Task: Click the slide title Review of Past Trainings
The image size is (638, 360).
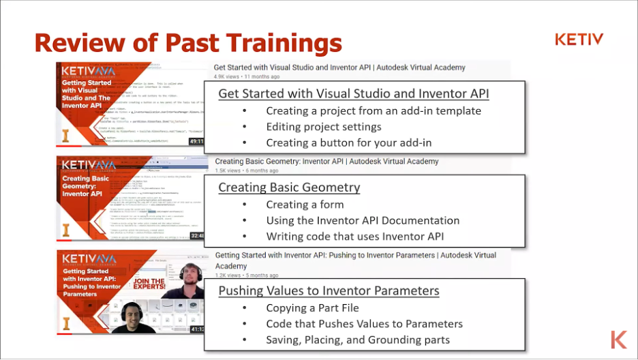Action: (x=187, y=42)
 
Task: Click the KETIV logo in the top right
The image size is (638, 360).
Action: (x=579, y=40)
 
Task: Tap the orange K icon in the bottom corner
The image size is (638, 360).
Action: (x=618, y=340)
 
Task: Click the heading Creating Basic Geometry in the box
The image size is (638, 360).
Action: (x=289, y=187)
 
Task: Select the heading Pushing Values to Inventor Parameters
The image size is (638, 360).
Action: (x=329, y=291)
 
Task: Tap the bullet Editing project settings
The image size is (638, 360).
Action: (x=323, y=127)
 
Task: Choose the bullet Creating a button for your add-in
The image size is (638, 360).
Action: (x=348, y=142)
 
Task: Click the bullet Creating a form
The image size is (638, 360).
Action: (x=305, y=205)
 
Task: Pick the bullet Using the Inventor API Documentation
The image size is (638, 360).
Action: (x=362, y=220)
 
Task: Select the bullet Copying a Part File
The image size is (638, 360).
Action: (x=312, y=308)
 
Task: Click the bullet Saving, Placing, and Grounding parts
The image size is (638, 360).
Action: (x=357, y=340)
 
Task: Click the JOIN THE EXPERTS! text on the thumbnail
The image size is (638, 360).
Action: (x=149, y=286)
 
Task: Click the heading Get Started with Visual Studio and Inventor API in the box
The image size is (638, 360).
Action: (x=353, y=93)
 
